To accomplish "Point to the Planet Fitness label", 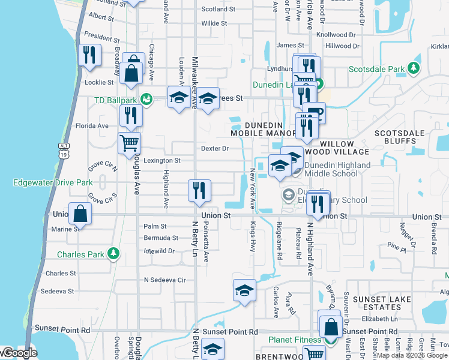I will [295, 340].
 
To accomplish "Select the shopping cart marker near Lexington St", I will [129, 143].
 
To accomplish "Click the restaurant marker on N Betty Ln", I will [199, 190].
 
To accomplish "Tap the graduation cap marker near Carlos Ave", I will [244, 291].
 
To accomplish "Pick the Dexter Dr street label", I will [215, 148].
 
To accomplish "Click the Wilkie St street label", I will [214, 23].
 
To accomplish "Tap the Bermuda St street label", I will [161, 238].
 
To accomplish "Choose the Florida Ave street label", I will [92, 126].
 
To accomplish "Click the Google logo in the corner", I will [19, 353].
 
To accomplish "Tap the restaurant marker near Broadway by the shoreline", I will [89, 55].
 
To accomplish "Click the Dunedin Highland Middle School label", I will [331, 169].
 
